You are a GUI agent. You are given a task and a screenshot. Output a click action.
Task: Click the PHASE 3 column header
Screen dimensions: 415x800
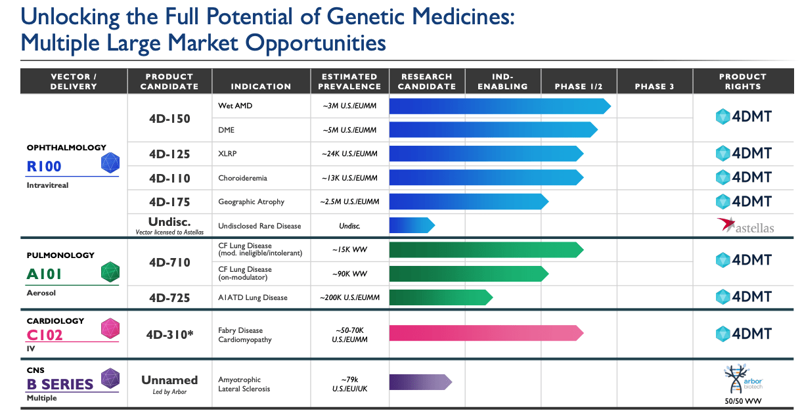coord(654,86)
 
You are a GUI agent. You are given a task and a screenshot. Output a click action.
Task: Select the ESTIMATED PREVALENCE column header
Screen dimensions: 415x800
coord(350,81)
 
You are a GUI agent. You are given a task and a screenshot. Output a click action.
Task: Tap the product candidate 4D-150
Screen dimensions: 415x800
coord(169,119)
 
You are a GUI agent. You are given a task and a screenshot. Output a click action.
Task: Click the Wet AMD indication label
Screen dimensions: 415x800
coord(235,106)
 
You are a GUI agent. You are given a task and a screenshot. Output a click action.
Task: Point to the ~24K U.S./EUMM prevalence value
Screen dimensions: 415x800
coord(350,154)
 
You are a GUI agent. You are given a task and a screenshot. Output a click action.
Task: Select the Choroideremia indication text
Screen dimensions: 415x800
coord(242,178)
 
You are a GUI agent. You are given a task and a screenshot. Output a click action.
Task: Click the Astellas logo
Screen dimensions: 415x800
coord(745,226)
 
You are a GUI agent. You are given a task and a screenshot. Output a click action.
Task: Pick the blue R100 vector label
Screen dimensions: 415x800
coord(44,166)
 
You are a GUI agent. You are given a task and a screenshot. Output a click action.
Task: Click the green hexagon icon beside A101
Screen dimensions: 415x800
coord(110,272)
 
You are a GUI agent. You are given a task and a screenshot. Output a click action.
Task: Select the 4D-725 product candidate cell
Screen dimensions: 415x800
coord(169,297)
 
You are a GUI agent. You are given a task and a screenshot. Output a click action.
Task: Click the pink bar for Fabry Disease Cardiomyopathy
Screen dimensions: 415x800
coord(485,333)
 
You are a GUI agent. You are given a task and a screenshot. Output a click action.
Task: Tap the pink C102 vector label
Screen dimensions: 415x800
coord(44,334)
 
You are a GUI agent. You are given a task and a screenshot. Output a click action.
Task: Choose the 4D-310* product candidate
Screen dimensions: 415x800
coord(169,334)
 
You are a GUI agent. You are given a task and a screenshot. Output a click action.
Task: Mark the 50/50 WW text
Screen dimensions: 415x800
coord(743,401)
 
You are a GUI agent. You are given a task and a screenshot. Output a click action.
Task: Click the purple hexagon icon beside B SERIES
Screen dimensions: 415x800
coord(110,378)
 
